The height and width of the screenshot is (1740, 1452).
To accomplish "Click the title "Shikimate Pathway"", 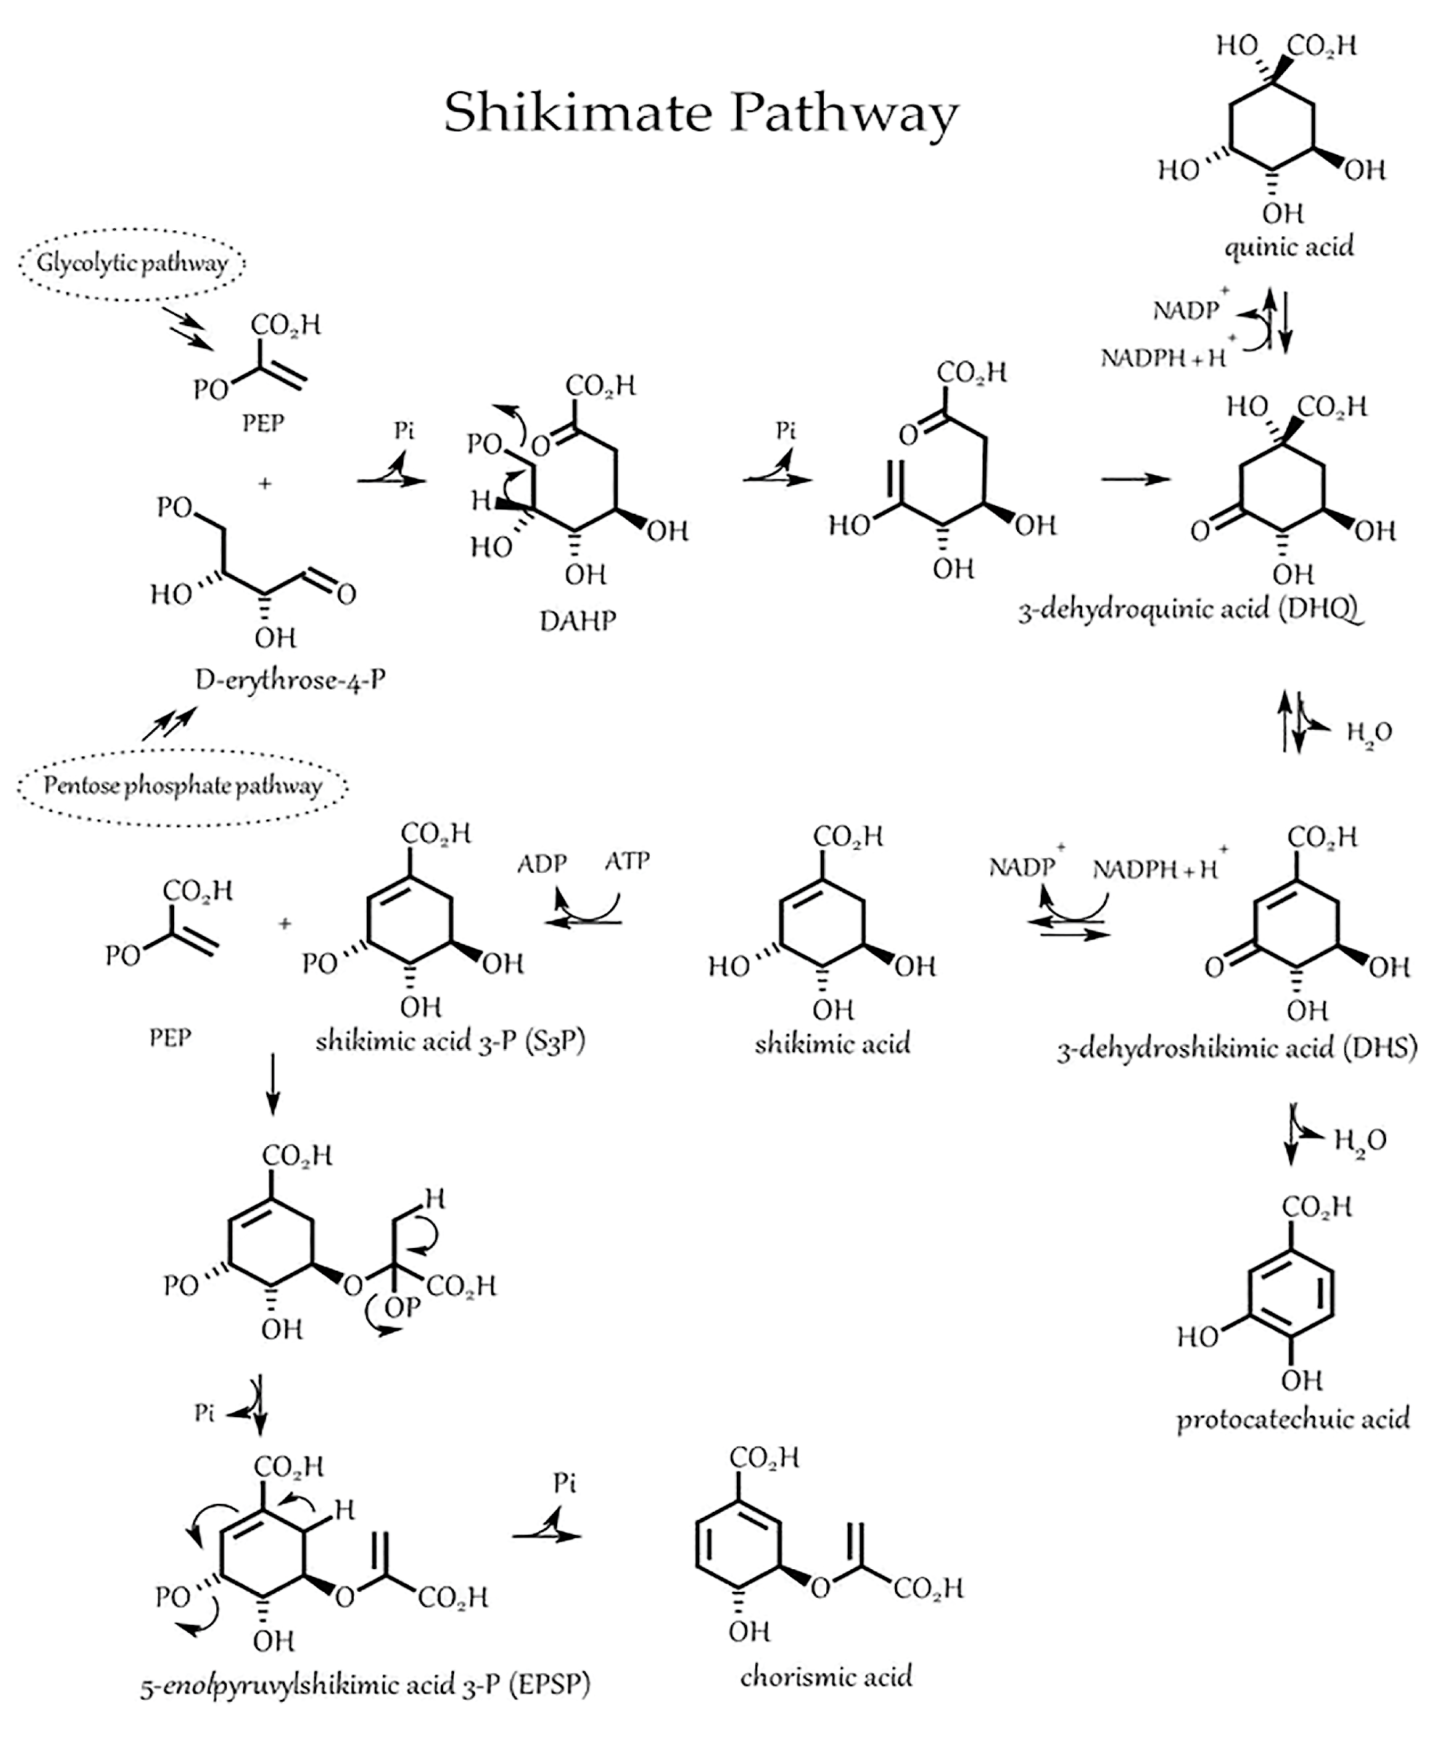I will tap(700, 113).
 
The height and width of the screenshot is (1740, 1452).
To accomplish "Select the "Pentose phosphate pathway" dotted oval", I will tap(182, 786).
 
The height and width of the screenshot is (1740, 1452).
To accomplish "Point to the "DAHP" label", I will tap(578, 620).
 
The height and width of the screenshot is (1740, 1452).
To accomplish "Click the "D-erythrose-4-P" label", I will tap(290, 680).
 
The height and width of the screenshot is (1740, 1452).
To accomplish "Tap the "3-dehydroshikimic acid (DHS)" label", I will tap(1236, 1049).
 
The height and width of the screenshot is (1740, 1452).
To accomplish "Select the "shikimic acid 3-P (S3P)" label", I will tap(450, 1041).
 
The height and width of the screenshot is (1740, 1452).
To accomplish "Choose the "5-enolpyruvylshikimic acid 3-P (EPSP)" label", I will tap(365, 1685).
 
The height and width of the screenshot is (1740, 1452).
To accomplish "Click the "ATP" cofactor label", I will tap(627, 861).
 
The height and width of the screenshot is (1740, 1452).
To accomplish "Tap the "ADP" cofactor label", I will tap(542, 864).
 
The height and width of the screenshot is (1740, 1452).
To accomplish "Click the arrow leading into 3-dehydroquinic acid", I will tap(1136, 479).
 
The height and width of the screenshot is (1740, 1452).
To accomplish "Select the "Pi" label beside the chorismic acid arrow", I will tap(564, 1482).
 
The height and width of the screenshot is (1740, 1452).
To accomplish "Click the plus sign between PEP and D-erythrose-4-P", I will tap(265, 483).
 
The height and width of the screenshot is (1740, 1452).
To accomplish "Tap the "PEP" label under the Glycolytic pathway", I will tap(263, 424).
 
